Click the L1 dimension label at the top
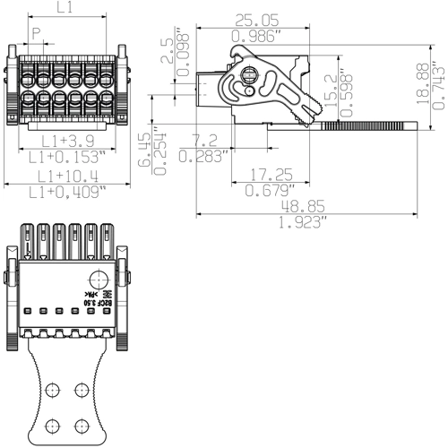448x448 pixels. [65, 9]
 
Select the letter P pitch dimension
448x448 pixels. [37, 33]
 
